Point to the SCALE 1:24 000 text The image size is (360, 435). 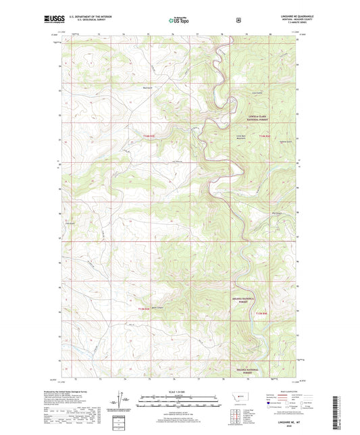point(179,391)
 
